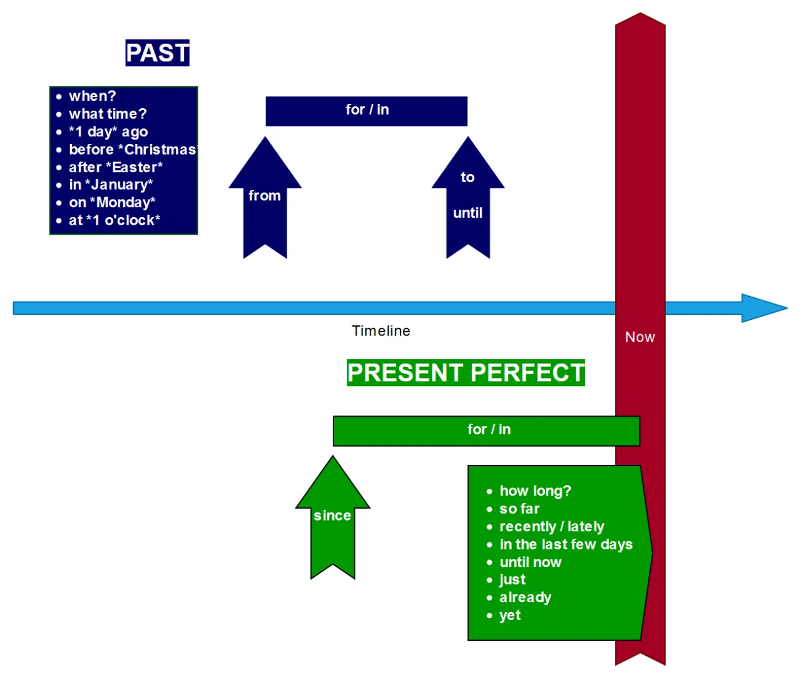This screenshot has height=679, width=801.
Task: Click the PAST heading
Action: click(157, 53)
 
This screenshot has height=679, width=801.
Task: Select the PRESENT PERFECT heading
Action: click(466, 373)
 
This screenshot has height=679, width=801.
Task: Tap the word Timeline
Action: click(380, 331)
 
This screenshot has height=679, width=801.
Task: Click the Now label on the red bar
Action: click(640, 337)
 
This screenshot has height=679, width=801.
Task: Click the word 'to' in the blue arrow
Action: click(467, 178)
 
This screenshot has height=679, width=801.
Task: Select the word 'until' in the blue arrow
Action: click(467, 213)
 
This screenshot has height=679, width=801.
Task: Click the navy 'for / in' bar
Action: click(367, 111)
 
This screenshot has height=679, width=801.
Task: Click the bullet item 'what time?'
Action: click(108, 114)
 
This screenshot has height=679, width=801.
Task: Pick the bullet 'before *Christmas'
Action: click(131, 150)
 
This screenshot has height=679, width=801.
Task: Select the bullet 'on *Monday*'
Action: click(112, 203)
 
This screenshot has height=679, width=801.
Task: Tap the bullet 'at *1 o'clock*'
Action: click(115, 220)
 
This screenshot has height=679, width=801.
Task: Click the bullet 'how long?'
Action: click(535, 491)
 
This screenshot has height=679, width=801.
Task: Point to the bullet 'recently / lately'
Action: click(551, 527)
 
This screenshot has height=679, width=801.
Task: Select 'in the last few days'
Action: click(566, 544)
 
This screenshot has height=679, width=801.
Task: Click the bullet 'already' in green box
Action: click(525, 598)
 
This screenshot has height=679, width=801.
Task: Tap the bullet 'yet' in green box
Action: click(510, 615)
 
